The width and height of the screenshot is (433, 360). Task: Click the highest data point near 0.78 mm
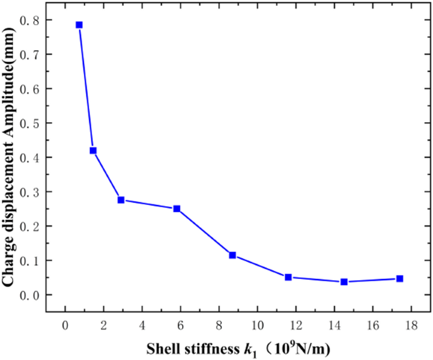(x=79, y=25)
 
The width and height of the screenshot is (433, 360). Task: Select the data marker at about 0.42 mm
(x=93, y=151)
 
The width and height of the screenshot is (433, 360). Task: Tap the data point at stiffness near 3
(x=121, y=200)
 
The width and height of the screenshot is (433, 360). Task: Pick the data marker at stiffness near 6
(x=177, y=209)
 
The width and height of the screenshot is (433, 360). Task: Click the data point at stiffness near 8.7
(x=233, y=255)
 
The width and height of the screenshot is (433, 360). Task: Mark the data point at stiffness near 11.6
(x=288, y=277)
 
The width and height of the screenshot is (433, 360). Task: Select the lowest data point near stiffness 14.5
(x=344, y=282)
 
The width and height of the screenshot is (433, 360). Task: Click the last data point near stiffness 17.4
(x=399, y=278)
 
